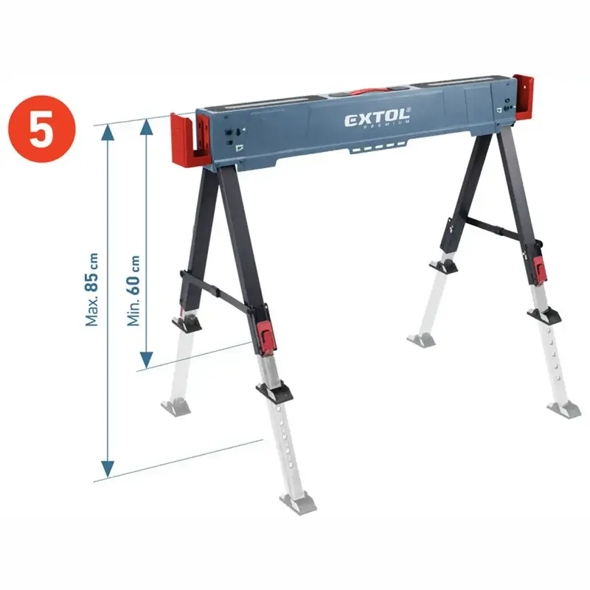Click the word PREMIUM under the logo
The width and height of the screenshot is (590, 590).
386,125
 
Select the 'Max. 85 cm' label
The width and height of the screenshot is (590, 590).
91,289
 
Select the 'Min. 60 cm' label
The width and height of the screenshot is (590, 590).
133,291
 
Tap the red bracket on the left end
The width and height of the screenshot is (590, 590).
190,139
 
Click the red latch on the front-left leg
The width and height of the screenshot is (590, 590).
266,336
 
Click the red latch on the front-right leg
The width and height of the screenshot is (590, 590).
540,270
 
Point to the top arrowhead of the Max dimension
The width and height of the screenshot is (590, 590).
108,133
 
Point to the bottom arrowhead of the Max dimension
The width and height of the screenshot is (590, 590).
108,469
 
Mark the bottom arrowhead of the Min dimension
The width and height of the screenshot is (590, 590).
146,360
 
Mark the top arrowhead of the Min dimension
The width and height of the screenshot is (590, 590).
146,127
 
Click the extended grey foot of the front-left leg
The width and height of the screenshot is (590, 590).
298,503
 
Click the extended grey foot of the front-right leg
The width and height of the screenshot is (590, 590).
564,410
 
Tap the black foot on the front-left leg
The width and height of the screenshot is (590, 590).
274,392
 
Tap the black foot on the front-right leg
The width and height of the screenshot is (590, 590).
544,316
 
